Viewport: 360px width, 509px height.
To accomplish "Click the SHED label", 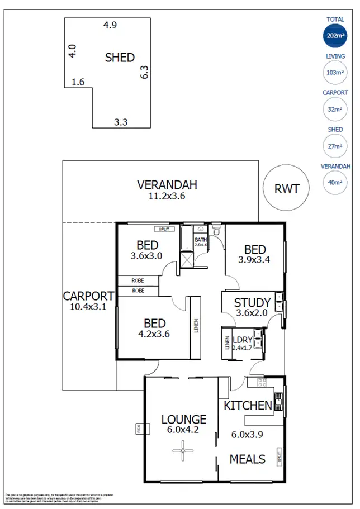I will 120,58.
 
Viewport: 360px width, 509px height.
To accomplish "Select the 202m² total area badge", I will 335,37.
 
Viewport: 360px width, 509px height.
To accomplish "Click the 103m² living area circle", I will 335,73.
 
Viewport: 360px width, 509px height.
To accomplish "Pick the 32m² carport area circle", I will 335,109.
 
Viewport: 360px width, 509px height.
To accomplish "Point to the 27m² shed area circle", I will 335,146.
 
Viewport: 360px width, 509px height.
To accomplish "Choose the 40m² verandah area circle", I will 335,182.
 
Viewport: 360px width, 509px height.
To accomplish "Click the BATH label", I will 201,240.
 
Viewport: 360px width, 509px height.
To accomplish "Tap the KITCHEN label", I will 248,406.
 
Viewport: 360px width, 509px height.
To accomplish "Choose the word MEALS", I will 248,459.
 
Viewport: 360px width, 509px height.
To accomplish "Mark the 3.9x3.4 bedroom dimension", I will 254,260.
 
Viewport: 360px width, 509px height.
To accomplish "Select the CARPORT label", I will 88,296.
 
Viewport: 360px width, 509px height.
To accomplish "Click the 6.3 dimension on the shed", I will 144,73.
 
